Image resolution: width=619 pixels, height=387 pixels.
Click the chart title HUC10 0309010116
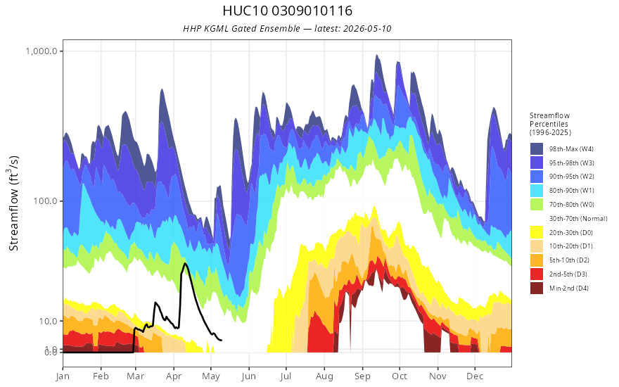coord(287,11)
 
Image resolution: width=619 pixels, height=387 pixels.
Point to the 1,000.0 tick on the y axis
coord(42,51)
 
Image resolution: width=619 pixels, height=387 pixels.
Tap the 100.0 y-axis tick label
coord(46,201)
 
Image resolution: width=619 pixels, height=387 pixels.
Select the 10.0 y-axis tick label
coord(48,321)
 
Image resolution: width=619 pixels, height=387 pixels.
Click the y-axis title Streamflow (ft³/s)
coord(13,203)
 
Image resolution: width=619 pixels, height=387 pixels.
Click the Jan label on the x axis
coord(63,376)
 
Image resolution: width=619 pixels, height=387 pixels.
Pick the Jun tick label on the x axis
coord(249,376)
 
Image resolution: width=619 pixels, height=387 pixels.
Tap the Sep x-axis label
coord(362,376)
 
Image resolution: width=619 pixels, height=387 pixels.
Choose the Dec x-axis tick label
coord(475,376)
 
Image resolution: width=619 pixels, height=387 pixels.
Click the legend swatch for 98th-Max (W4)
coord(537,149)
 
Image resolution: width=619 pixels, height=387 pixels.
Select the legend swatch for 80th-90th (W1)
coord(537,191)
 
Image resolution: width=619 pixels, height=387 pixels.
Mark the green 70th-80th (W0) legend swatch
coord(537,204)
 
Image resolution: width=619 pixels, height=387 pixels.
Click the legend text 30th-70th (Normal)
coord(578,218)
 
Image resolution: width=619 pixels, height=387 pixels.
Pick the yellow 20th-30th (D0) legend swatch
coord(537,232)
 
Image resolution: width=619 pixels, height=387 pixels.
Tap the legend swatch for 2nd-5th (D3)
coord(537,274)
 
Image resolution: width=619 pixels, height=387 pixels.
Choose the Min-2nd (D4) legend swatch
coord(537,288)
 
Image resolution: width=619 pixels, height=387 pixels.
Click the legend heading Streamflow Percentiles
coord(550,124)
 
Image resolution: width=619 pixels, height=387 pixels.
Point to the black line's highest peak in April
coord(184,263)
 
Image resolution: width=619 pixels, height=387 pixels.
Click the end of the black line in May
coord(222,340)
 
